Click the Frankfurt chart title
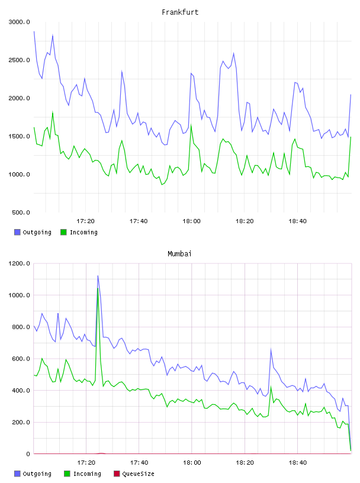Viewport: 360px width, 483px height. (x=180, y=12)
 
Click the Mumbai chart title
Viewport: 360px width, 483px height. (x=179, y=254)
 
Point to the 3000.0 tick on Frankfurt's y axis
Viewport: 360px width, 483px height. (x=19, y=22)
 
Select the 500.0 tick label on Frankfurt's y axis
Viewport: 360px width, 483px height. (x=21, y=212)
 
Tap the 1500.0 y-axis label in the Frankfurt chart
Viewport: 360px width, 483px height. (x=19, y=136)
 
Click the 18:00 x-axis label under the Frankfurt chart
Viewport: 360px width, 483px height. (x=191, y=221)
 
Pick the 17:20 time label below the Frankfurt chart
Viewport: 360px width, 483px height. (x=85, y=221)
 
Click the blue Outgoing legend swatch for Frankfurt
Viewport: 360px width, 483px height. (x=17, y=232)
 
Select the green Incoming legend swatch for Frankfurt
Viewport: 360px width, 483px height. (x=63, y=232)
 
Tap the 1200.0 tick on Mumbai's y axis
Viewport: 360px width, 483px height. (x=19, y=263)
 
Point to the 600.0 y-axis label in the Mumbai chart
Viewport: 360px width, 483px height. (x=21, y=359)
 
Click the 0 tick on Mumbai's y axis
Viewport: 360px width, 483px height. (x=28, y=454)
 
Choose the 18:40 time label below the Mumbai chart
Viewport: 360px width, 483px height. (x=298, y=463)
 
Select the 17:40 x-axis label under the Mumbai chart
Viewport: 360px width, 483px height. (x=139, y=463)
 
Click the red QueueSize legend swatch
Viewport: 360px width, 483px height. (x=117, y=474)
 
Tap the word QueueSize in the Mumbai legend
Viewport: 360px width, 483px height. (x=138, y=474)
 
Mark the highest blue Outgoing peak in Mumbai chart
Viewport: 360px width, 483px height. (x=98, y=276)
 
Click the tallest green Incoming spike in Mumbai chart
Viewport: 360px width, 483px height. (x=98, y=289)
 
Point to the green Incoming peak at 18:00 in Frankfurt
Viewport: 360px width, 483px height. (x=191, y=125)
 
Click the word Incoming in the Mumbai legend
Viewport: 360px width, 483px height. (x=87, y=474)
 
